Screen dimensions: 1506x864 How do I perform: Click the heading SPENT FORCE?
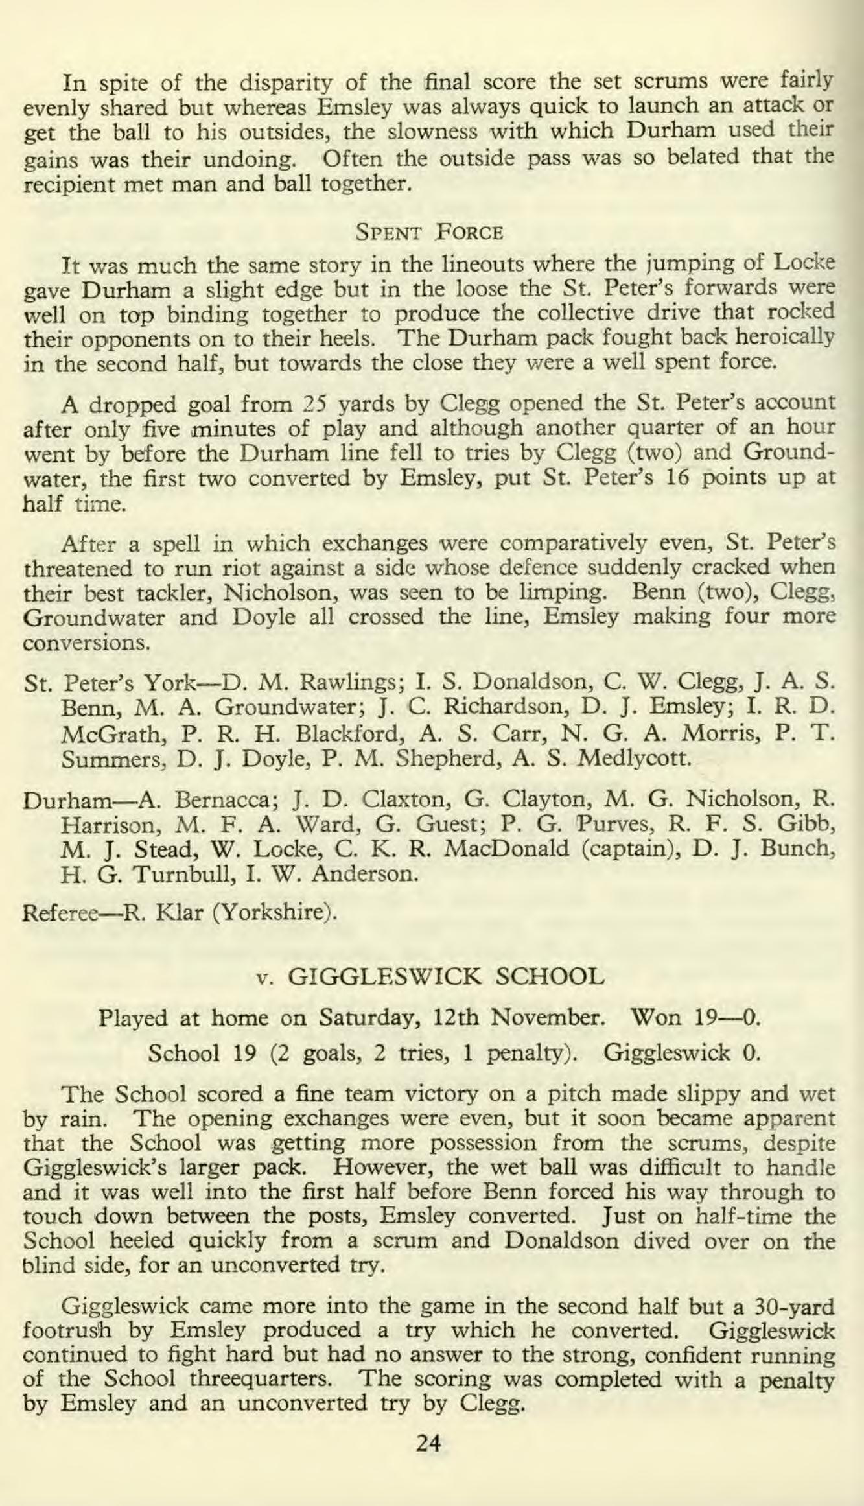point(430,231)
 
